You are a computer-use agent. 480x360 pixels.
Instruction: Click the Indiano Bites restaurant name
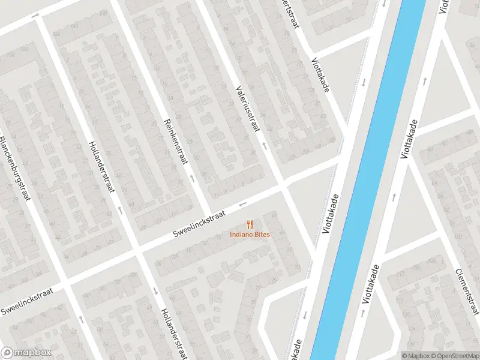[x=250, y=234]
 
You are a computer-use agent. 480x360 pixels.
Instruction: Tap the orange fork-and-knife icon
[x=250, y=224]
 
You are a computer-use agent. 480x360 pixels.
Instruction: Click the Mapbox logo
[x=26, y=353]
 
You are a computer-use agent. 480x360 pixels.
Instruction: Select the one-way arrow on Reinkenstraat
[x=192, y=178]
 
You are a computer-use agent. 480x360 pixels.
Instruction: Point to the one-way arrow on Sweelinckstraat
[x=242, y=205]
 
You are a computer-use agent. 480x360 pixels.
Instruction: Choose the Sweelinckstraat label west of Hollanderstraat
[x=26, y=301]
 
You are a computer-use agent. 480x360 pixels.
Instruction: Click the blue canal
[x=372, y=180]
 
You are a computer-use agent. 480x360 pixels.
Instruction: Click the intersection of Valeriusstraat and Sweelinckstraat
[x=283, y=187]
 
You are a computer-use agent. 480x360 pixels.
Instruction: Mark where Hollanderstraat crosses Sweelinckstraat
[x=137, y=250]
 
